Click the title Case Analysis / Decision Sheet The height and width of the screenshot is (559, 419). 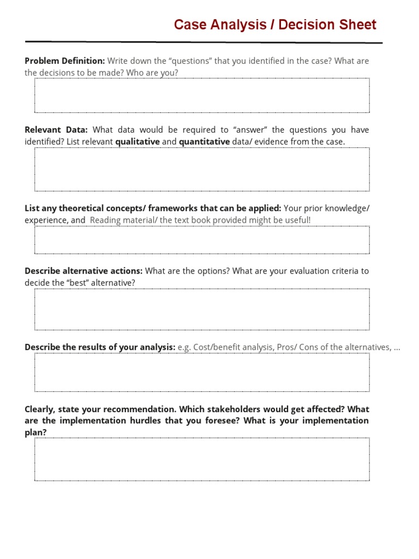[275, 25]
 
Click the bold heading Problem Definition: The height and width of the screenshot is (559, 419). [64, 61]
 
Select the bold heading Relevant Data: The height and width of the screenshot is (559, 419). [56, 129]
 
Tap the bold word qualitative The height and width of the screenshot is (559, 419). [137, 141]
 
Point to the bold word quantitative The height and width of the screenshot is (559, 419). [204, 141]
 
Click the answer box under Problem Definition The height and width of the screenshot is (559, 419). [202, 95]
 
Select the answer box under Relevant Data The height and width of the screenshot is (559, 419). [202, 169]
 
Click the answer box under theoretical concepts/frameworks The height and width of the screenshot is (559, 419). [202, 240]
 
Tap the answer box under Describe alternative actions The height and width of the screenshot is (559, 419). [202, 309]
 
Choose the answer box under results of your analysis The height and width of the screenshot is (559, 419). [202, 372]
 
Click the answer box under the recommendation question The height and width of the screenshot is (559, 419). [202, 459]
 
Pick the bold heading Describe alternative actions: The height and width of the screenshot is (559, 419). [83, 271]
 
